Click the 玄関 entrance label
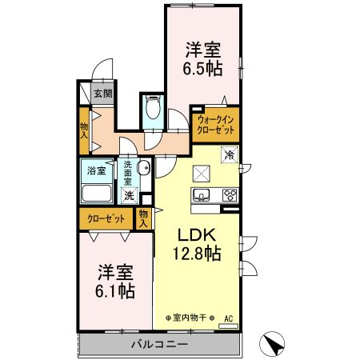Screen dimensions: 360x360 pos(102,94)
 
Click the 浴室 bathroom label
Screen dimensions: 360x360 pos(97,170)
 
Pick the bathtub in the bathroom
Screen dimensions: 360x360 pos(98,193)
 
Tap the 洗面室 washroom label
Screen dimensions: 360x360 pos(128,174)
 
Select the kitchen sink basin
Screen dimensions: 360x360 pos(201,194)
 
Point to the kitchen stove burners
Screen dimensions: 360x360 pos(230,194)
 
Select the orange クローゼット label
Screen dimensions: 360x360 pos(106,218)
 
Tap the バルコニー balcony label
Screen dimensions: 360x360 pos(159,346)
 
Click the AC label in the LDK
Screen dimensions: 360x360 pos(227,318)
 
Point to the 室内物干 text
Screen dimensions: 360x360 pos(194,318)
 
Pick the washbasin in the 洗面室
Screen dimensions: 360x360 pos(144,168)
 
